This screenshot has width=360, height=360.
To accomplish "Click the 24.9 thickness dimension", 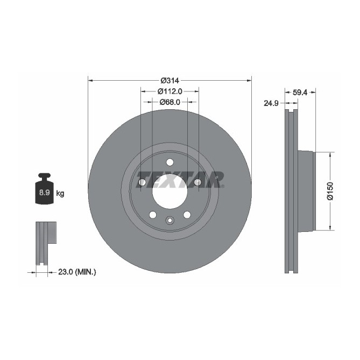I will (x=270, y=102).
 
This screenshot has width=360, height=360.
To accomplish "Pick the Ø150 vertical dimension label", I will (x=330, y=191).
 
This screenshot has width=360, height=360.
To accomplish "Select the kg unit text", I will (x=60, y=193).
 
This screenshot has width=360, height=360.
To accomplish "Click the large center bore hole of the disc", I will (x=170, y=191).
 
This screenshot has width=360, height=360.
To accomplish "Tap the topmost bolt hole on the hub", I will (x=170, y=163).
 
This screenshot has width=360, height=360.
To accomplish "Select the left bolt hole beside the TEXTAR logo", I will (x=142, y=183).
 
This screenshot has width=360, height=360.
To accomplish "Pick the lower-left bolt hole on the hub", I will (x=152, y=215).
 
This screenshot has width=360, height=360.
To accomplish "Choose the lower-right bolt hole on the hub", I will (x=187, y=215).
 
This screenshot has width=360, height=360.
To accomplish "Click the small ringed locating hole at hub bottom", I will (x=170, y=220).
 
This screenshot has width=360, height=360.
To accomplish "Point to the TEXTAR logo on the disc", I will (x=180, y=179).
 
